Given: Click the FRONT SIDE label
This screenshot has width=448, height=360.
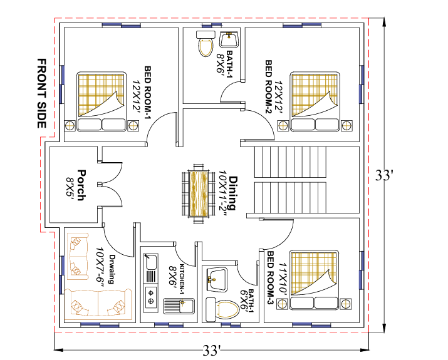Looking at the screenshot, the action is pos(42,94).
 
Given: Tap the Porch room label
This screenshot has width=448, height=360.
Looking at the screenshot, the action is pos(81,185).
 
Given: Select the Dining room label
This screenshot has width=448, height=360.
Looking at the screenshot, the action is pos(233,193).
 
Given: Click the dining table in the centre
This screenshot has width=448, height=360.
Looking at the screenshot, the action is pos(198,193).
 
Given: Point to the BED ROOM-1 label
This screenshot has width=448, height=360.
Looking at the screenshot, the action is pos(148,93).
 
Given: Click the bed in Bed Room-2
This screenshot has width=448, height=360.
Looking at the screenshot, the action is pos(315,101).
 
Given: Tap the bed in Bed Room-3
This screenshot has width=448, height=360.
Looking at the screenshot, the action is pos(315,280).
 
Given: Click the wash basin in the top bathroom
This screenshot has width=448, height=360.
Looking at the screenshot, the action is pos(229,39).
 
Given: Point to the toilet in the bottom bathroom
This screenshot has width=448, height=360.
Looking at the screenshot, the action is pos(222,310).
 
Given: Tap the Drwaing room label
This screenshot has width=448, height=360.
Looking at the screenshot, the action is pos(112,269).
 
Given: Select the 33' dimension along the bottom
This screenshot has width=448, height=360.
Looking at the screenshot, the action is pos(212,350).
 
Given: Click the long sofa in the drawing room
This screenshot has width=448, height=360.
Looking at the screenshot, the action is pos(98,303).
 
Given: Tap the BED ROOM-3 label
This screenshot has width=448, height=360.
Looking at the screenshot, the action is pos(271,279).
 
